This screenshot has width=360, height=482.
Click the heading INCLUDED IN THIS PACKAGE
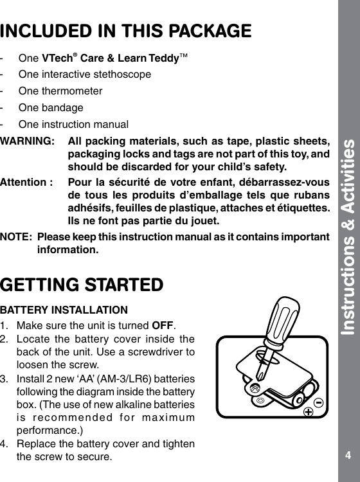pyautogui.click(x=126, y=30)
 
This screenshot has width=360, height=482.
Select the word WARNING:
pyautogui.click(x=28, y=141)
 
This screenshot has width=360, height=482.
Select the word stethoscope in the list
pyautogui.click(x=125, y=74)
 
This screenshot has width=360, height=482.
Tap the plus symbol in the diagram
pyautogui.click(x=309, y=411)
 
